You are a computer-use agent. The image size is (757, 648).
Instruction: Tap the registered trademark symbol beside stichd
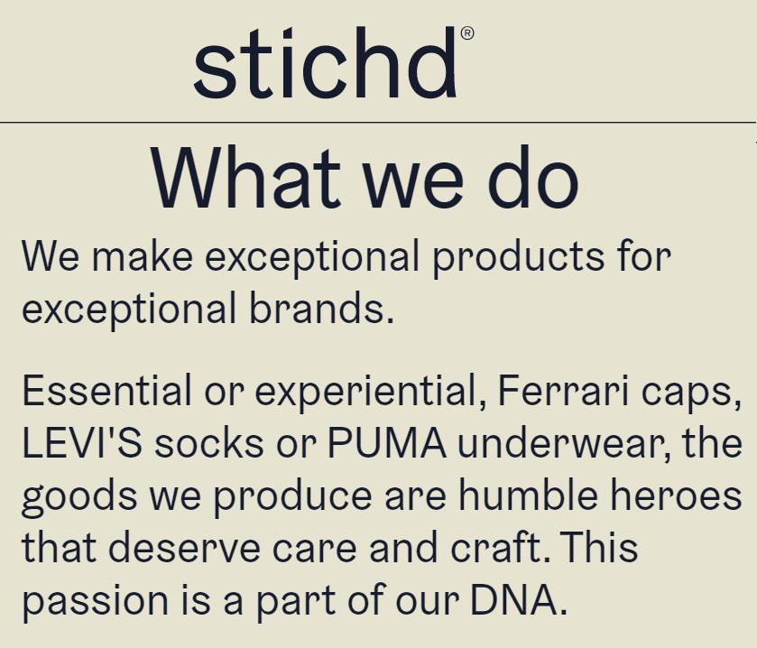pyautogui.click(x=467, y=33)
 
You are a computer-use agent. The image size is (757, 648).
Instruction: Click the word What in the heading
pyautogui.click(x=246, y=177)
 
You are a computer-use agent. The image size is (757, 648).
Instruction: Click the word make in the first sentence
pyautogui.click(x=142, y=256)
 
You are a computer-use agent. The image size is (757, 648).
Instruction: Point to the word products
pyautogui.click(x=518, y=258)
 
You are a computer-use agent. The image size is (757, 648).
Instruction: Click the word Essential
pyautogui.click(x=106, y=390)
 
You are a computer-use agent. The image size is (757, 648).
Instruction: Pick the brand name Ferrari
pyautogui.click(x=563, y=390)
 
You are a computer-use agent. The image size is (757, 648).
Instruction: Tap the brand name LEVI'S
pyautogui.click(x=82, y=442)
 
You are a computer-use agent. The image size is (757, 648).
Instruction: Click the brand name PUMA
pyautogui.click(x=387, y=442)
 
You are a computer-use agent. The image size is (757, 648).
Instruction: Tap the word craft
pyautogui.click(x=496, y=547)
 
